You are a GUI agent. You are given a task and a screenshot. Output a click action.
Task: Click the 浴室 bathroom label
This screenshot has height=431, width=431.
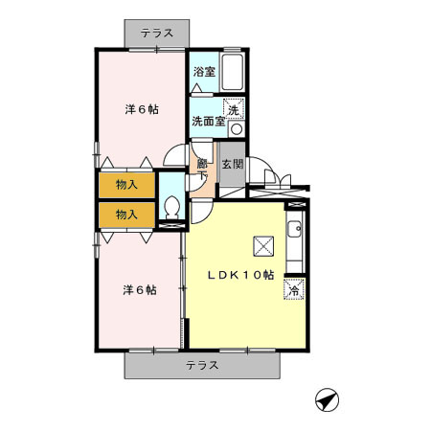click(x=203, y=72)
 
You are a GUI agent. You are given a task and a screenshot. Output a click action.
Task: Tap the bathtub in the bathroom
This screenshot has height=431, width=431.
click(x=234, y=71)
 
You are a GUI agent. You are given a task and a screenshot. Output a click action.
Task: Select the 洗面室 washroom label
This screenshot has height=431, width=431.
click(x=207, y=122)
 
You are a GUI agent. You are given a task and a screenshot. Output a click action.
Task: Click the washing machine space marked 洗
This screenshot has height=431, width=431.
click(x=234, y=109)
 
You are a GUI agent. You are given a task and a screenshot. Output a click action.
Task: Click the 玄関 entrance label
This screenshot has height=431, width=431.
click(x=233, y=164)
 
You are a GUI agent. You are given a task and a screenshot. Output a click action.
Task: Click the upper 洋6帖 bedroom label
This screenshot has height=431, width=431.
click(x=141, y=108)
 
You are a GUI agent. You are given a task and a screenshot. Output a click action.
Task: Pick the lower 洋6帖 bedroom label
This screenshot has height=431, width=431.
click(x=139, y=289)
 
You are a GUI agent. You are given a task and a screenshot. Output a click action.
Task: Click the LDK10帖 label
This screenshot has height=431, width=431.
click(x=243, y=274)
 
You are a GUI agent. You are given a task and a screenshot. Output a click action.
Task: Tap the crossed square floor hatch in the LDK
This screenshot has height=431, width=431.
click(x=262, y=246)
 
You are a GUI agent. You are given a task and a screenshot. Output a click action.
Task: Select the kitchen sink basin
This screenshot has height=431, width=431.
click(x=296, y=230)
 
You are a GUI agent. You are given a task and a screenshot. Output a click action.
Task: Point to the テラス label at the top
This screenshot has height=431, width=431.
click(x=157, y=33)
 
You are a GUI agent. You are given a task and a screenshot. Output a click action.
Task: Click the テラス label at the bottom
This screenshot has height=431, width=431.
click(x=202, y=365)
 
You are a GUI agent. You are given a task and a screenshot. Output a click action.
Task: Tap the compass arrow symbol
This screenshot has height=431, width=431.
click(x=326, y=399)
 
